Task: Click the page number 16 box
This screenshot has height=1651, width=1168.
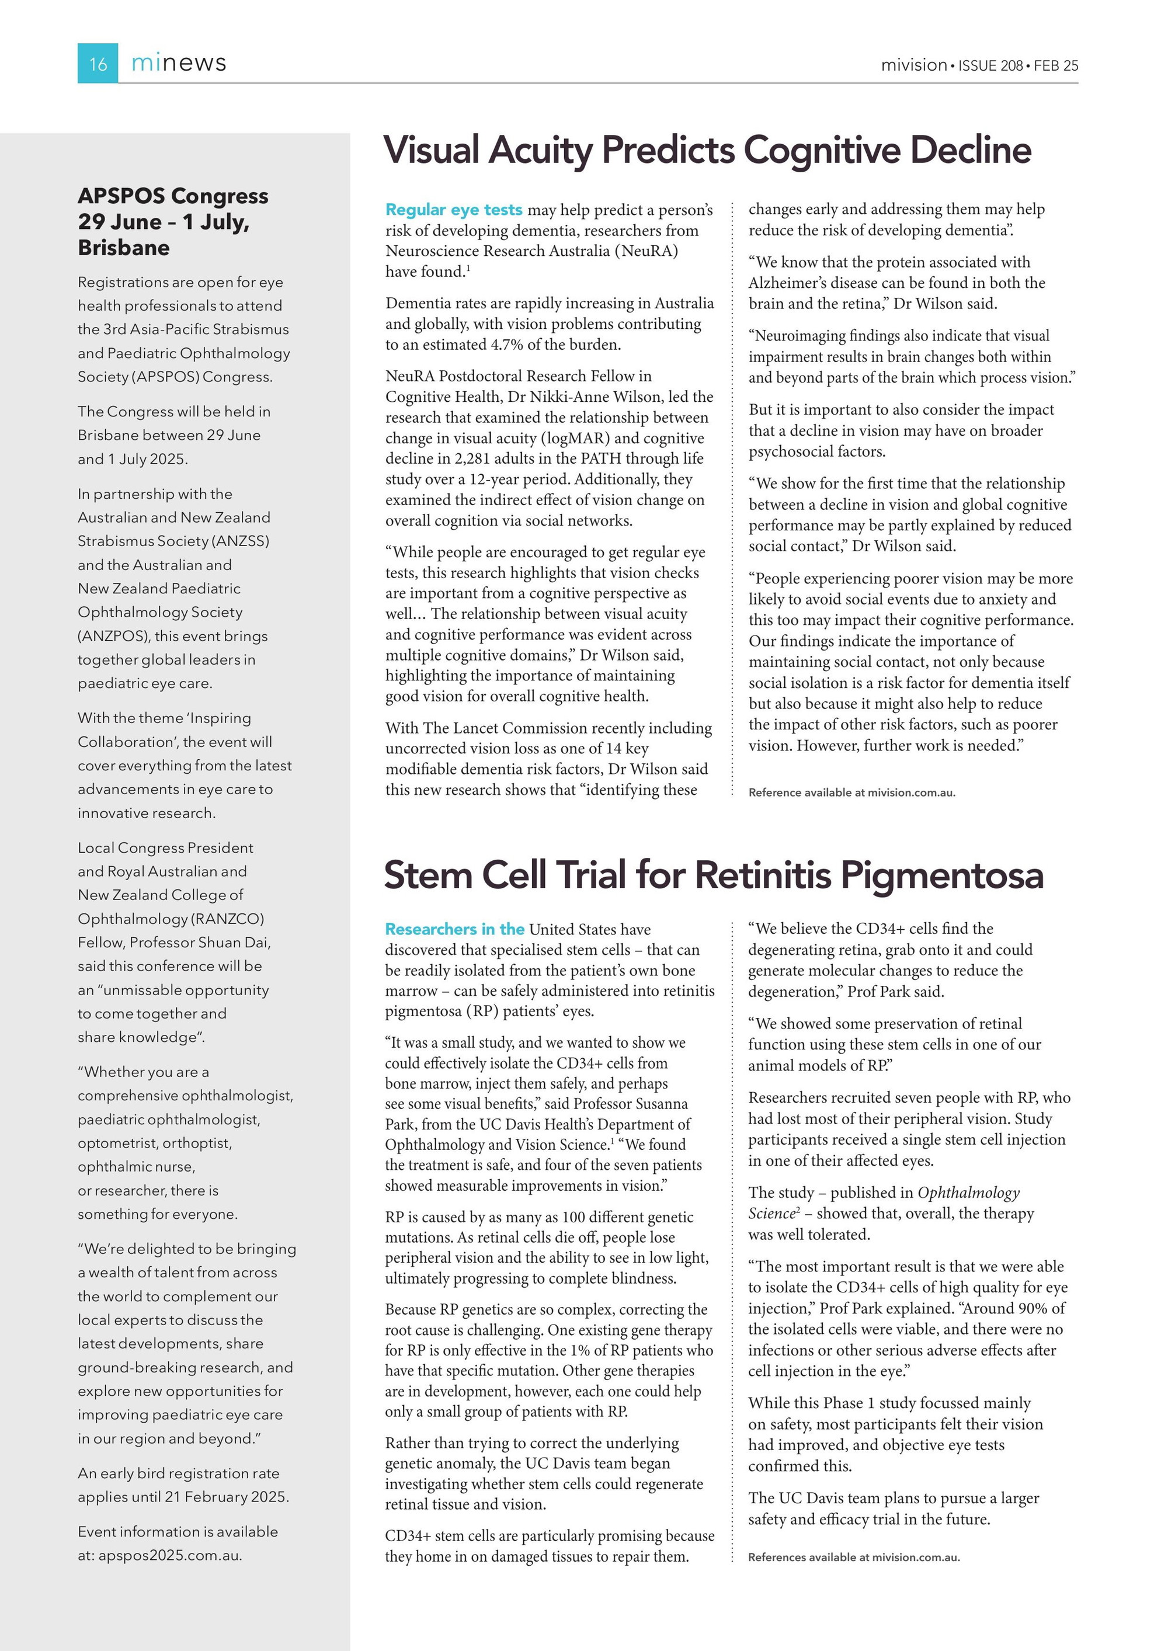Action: (98, 63)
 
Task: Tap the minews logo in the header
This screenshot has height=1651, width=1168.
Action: (178, 62)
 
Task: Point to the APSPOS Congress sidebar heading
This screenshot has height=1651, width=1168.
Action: (173, 196)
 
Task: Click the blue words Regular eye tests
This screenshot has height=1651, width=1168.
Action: (453, 210)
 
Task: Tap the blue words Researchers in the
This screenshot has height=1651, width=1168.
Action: (454, 929)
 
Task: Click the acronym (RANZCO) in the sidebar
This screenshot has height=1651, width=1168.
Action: (227, 919)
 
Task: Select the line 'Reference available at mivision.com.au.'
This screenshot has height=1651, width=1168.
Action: (851, 793)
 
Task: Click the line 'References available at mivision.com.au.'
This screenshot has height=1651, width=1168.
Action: (854, 1558)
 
